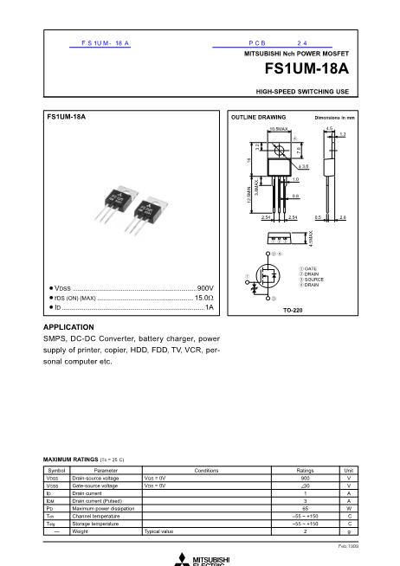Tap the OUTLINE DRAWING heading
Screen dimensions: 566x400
[258, 116]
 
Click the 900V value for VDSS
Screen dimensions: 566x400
[205, 286]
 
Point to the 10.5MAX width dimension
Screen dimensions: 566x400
[278, 128]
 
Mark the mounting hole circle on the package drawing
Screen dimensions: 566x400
[278, 151]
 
